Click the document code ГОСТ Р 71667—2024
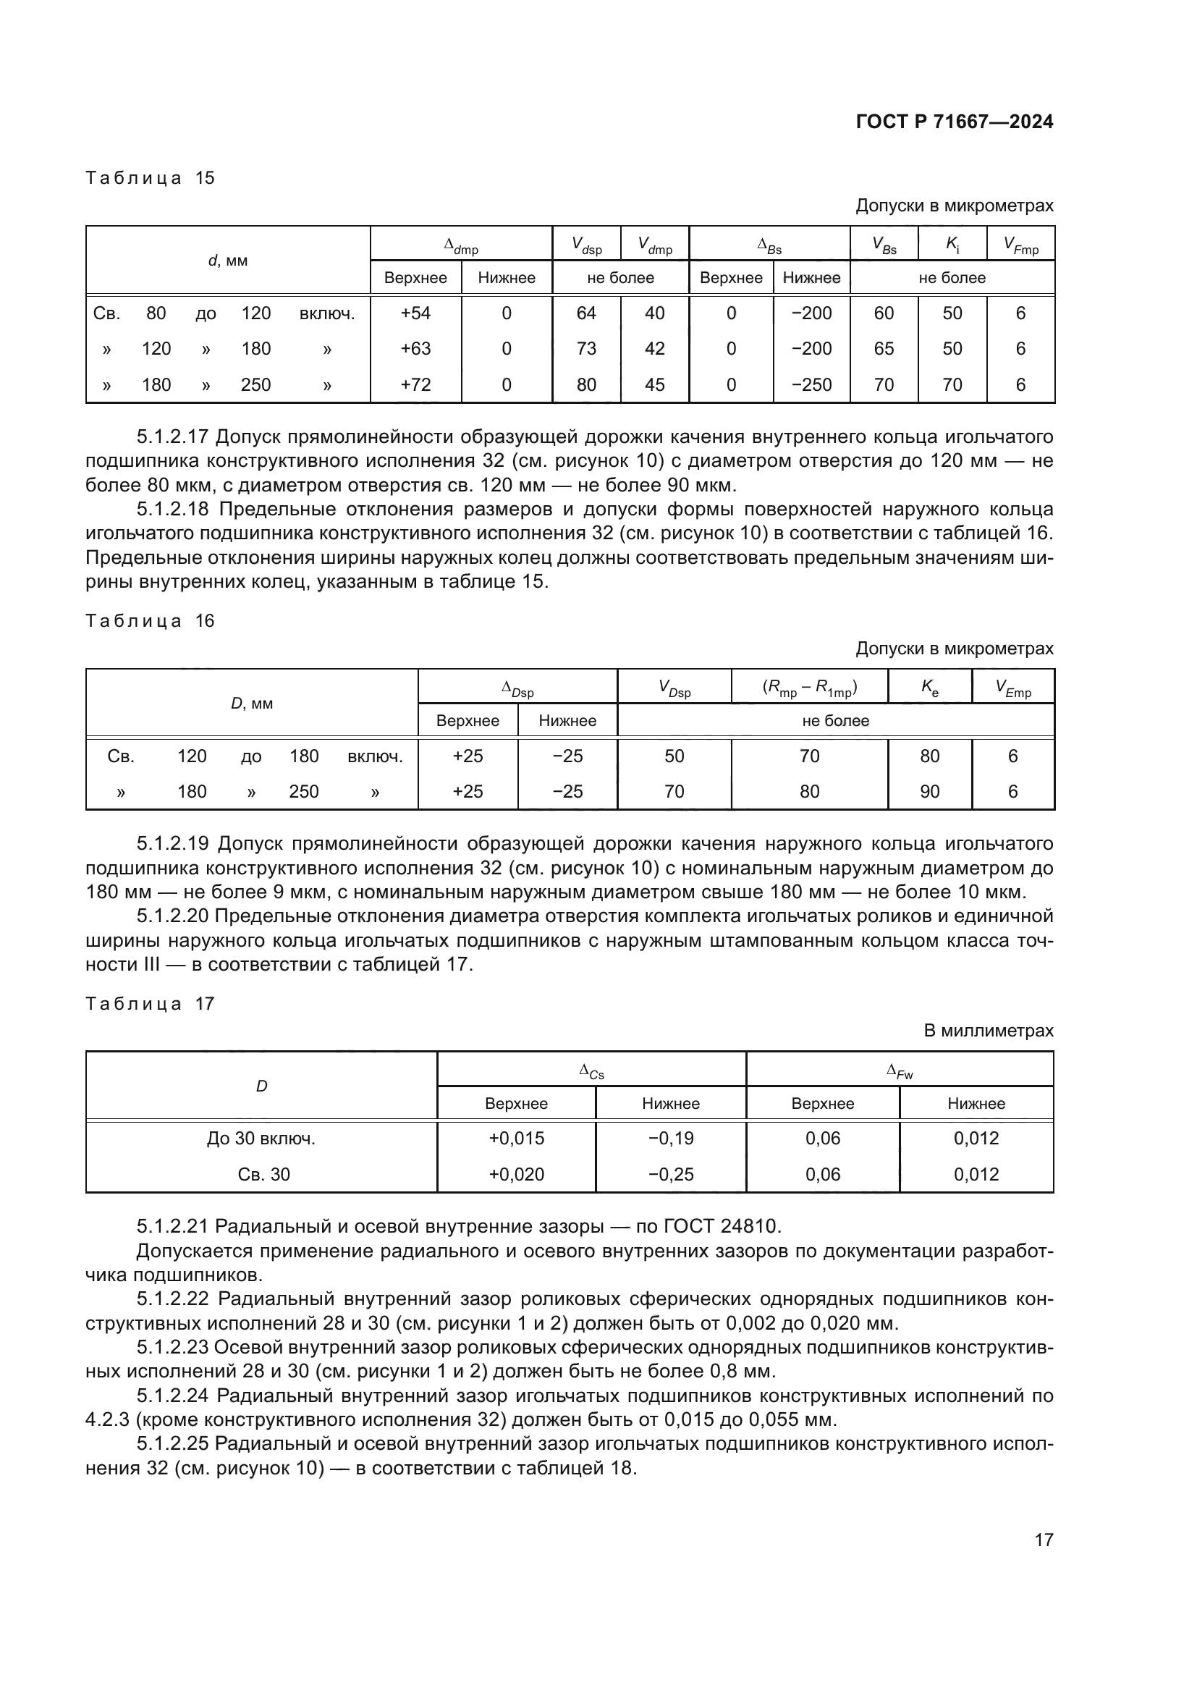click(954, 122)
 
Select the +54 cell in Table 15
click(415, 313)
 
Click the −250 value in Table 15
click(811, 385)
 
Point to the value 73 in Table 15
click(586, 349)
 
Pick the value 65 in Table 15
click(883, 349)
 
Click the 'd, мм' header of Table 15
click(228, 261)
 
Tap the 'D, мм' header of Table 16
click(252, 704)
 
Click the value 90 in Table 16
click(929, 792)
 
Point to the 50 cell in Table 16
click(674, 756)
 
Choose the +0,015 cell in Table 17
click(516, 1139)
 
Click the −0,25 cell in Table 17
click(671, 1175)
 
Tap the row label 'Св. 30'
click(263, 1175)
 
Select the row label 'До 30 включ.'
click(261, 1139)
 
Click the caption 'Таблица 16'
click(150, 621)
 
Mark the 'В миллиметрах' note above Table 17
click(989, 1031)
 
